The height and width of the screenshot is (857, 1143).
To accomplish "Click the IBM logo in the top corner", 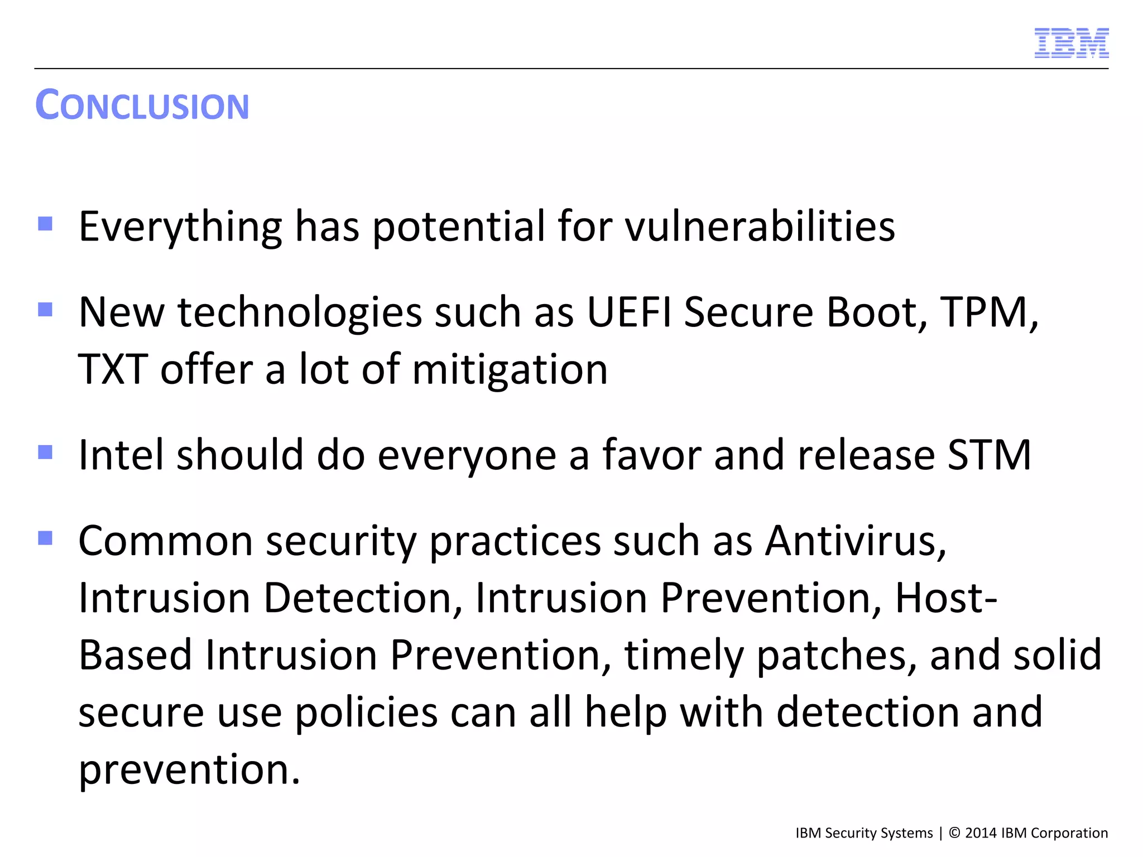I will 1071,43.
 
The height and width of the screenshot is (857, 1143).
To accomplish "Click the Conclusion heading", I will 142,105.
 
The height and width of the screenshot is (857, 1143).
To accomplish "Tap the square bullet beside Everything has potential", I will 45,224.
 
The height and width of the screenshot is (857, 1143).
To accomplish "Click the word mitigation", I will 510,370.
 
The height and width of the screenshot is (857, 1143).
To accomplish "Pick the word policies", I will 366,714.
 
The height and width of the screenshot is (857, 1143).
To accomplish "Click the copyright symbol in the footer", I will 954,833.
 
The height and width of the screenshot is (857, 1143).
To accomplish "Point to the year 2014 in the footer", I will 981,833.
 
